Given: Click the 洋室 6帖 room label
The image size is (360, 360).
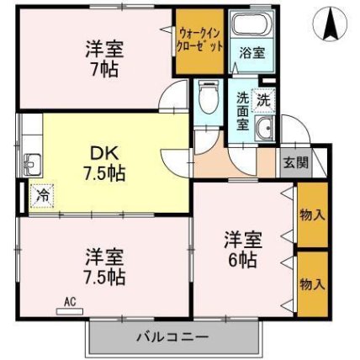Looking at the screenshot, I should coord(241,246).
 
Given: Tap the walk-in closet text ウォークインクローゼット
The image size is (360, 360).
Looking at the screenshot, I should coord(200,40).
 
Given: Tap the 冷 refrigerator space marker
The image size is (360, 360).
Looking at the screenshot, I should coord(41,195).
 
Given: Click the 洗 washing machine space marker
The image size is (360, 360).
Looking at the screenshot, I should coord(263,98).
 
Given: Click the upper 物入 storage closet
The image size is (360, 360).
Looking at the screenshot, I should coord(311,215).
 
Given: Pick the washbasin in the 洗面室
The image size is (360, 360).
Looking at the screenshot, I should coord(265,129).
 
